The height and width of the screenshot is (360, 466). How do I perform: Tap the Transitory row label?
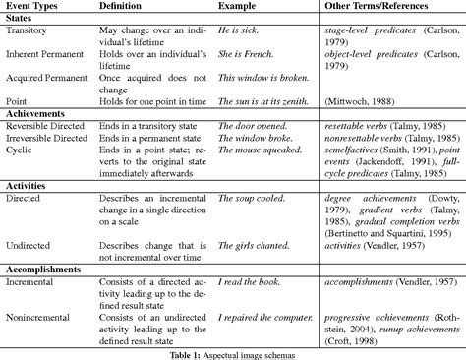29,32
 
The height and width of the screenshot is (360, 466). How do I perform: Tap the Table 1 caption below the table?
232,351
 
